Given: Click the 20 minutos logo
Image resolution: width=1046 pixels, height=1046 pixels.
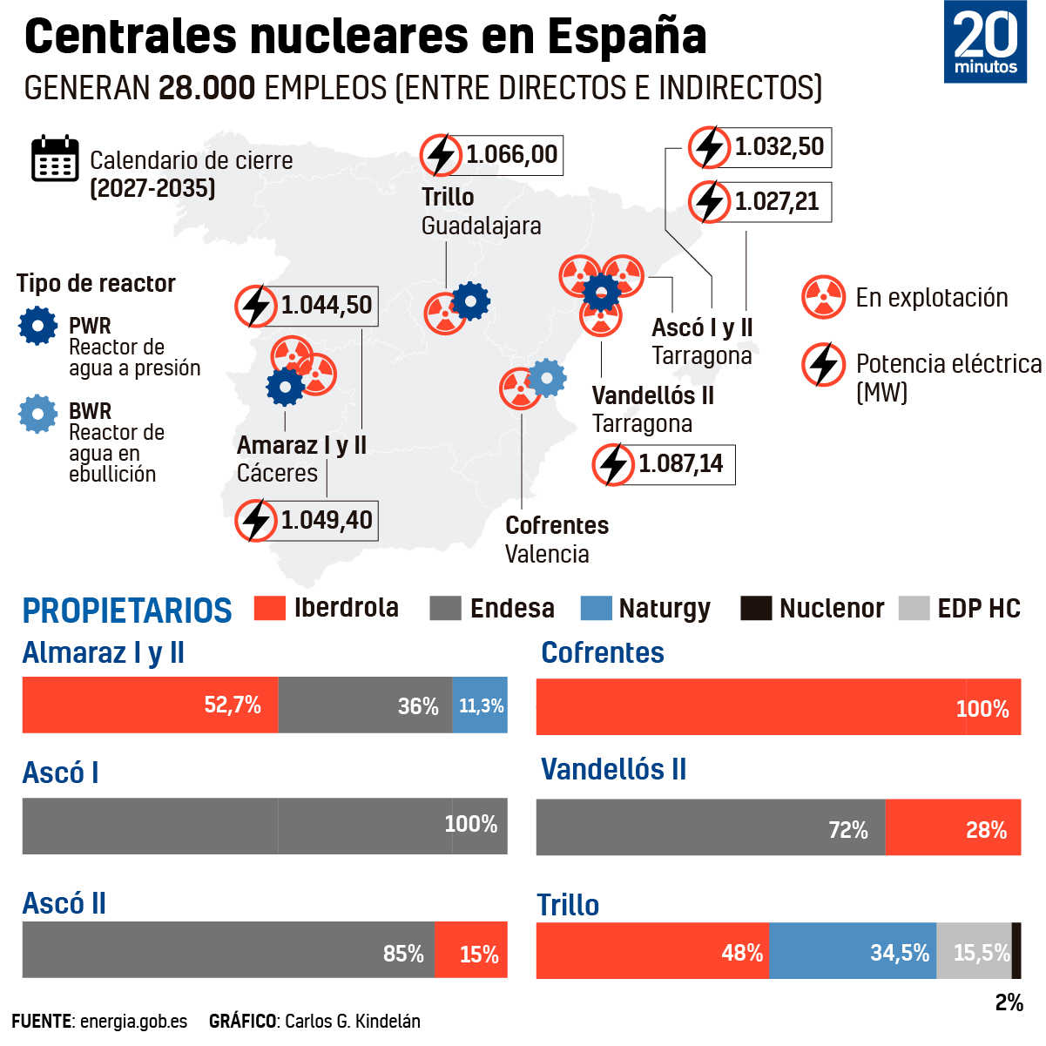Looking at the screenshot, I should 984,42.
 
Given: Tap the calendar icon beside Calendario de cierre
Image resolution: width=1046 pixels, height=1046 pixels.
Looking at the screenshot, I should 55,159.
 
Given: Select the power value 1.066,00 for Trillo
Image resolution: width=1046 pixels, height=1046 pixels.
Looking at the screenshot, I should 511,155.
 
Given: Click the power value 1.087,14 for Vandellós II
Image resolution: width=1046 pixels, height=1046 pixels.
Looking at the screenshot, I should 680,464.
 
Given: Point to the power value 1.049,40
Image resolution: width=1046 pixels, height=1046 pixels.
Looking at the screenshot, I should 326,521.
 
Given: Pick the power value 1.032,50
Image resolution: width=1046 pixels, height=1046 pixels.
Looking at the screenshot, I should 779,147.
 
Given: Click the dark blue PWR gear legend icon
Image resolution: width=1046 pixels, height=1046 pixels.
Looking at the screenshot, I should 38,326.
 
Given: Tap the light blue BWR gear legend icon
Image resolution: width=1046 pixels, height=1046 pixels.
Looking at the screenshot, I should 38,414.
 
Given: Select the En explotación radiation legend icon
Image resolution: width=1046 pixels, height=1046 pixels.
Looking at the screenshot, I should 823,297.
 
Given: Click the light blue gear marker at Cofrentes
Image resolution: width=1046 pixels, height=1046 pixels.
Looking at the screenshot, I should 547,378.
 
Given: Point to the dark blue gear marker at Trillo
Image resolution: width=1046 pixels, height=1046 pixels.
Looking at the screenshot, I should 471,302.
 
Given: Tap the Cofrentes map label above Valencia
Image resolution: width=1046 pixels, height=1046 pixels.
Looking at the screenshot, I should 557,525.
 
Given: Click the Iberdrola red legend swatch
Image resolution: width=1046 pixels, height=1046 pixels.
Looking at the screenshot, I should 270,608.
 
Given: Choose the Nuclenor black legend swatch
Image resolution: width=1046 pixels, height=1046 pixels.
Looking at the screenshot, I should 756,608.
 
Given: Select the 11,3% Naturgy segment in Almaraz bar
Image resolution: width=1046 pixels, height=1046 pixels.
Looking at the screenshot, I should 480,705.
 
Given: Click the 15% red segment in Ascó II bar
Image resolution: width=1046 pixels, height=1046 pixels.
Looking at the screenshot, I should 471,950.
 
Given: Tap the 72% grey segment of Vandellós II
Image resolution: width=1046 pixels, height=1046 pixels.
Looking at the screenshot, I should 711,827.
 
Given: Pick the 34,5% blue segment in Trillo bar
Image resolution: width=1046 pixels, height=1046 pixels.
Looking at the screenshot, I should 853,951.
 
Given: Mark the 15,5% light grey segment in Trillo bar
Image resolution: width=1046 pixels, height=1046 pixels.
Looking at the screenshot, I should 974,951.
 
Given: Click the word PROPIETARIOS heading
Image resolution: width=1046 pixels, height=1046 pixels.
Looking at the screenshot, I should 127,611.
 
